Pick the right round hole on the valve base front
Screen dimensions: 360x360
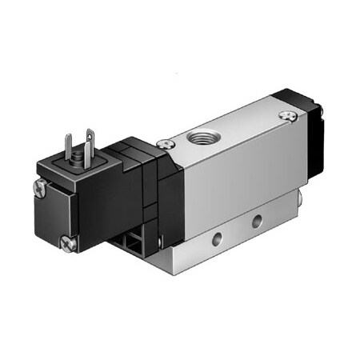click(256, 220)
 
